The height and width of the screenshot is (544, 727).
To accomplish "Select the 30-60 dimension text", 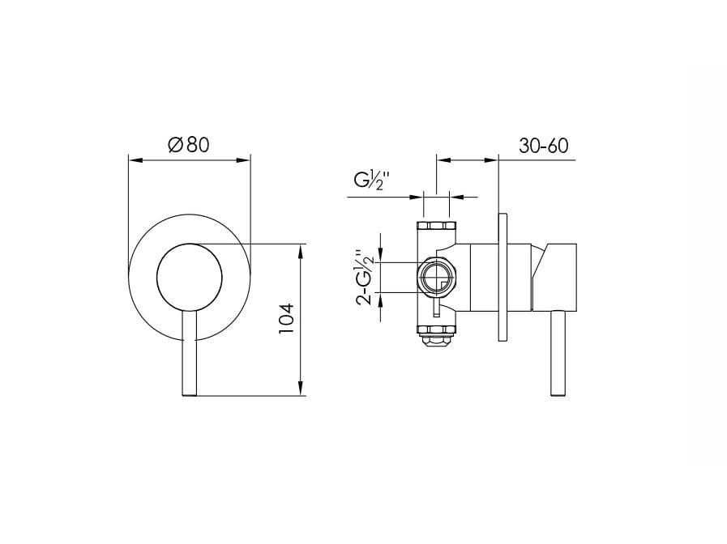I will tap(542, 146).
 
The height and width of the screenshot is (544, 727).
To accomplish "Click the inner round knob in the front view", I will tap(187, 277).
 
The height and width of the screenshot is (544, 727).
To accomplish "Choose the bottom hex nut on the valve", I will tap(437, 329).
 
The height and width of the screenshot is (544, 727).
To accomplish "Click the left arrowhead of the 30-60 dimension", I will tap(442, 159).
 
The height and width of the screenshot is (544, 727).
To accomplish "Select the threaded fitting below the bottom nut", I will tap(437, 342).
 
